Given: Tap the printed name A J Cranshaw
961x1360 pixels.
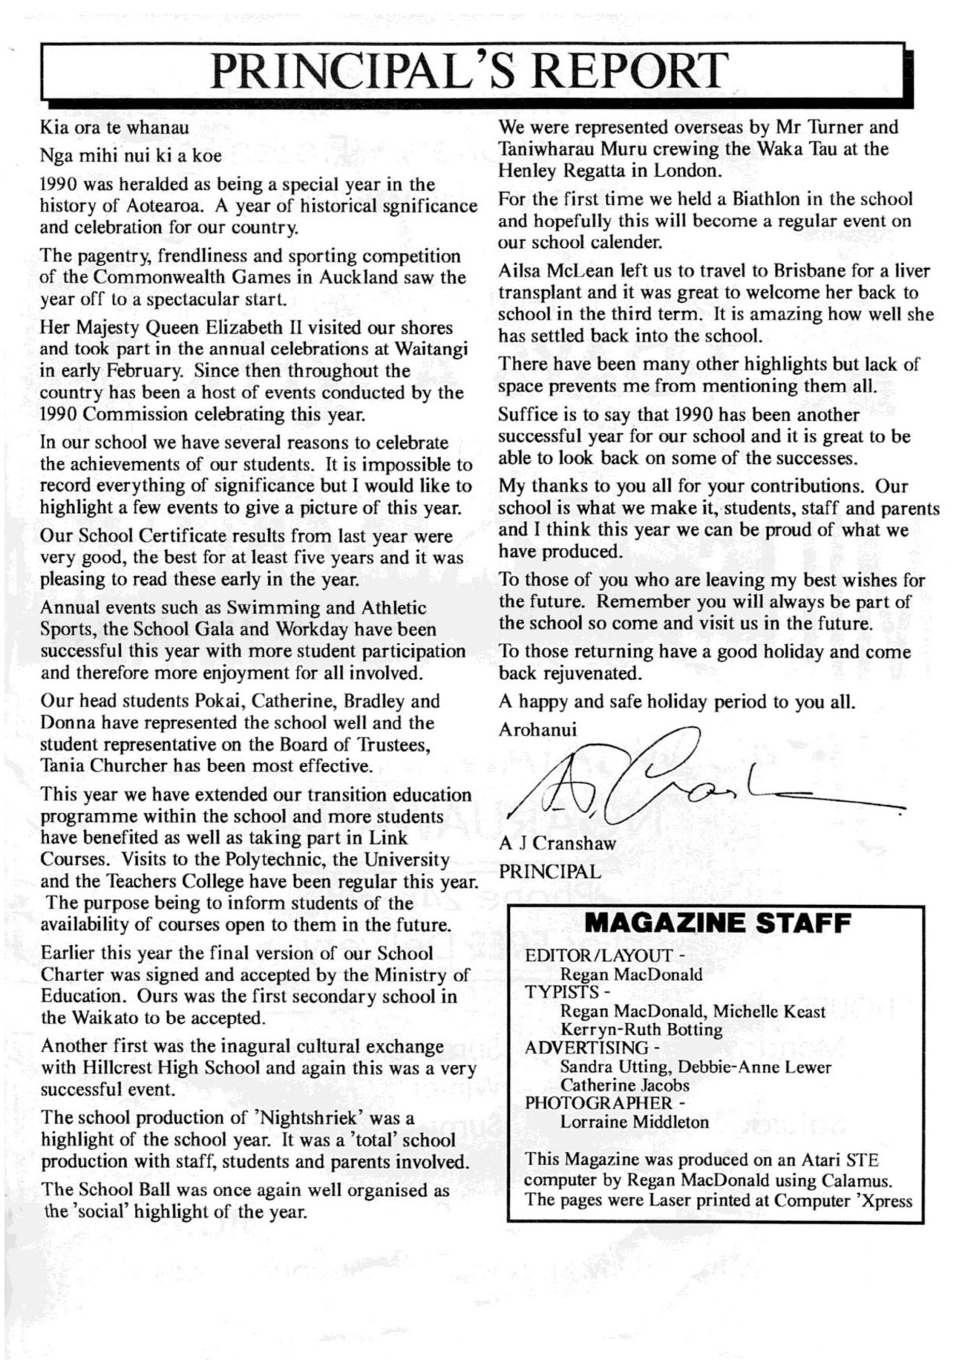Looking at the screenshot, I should pyautogui.click(x=558, y=843).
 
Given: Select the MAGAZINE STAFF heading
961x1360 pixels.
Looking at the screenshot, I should pyautogui.click(x=718, y=923).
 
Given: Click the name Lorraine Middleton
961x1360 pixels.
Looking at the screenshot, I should pyautogui.click(x=635, y=1122).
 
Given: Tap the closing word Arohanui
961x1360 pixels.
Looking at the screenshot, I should pyautogui.click(x=537, y=730).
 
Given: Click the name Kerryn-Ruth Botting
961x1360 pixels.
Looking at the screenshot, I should pyautogui.click(x=641, y=1030).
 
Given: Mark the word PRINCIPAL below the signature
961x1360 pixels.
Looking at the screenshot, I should pyautogui.click(x=550, y=872).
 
